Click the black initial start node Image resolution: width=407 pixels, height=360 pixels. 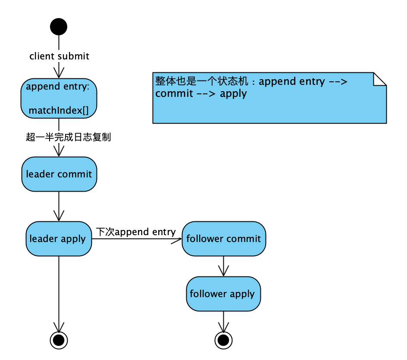coord(59,27)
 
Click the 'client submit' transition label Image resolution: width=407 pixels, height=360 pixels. coord(59,56)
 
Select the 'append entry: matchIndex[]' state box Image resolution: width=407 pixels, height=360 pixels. coord(59,98)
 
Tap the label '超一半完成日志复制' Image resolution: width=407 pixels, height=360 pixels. coord(69,137)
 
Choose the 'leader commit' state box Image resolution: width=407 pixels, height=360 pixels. coord(59,174)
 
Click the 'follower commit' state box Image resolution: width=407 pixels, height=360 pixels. coord(223,239)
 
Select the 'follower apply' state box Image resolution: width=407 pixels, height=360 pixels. coord(223,294)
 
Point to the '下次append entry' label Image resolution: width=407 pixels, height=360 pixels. coord(136,232)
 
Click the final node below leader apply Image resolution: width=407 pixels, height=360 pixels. coord(59,340)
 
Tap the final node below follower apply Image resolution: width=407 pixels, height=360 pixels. coord(223,340)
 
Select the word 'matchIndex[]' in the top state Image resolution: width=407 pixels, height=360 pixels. coord(59,111)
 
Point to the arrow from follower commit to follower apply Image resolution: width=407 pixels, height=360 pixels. coord(223,266)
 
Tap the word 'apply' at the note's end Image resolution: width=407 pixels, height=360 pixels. coord(233,93)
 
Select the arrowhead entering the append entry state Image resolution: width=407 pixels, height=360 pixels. coord(59,72)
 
